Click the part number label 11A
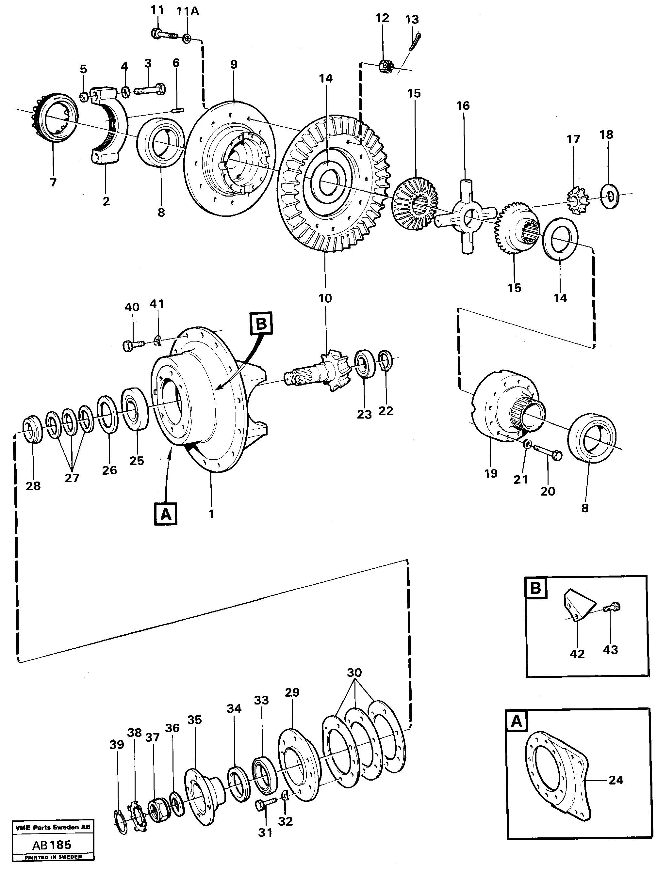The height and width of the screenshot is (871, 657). [x=187, y=12]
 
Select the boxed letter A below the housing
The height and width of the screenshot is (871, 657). [x=166, y=514]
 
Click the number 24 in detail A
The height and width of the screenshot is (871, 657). [x=615, y=780]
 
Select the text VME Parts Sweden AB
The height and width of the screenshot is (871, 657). [x=53, y=827]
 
